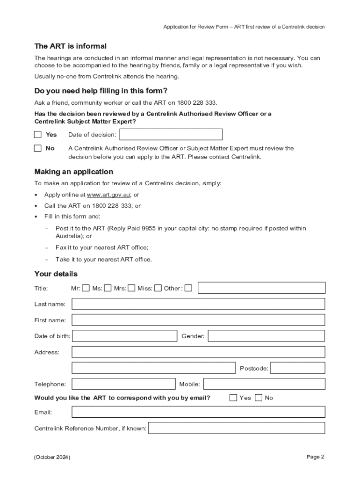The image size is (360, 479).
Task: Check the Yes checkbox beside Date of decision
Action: pyautogui.click(x=38, y=135)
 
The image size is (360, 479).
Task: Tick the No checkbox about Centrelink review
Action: pyautogui.click(x=38, y=148)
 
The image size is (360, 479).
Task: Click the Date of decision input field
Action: pyautogui.click(x=171, y=135)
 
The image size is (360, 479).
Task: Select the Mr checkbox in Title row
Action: pyautogui.click(x=86, y=288)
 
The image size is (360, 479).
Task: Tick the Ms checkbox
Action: pyautogui.click(x=108, y=288)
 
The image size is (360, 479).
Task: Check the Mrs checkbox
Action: pyautogui.click(x=131, y=288)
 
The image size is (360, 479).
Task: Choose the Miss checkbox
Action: pyautogui.click(x=158, y=288)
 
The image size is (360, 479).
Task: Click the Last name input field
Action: pyautogui.click(x=198, y=304)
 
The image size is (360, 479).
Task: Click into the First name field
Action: pyautogui.click(x=198, y=320)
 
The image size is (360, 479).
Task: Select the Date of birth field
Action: pyautogui.click(x=124, y=336)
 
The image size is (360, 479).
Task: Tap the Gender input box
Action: pyautogui.click(x=266, y=336)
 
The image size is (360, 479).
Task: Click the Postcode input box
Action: pyautogui.click(x=297, y=368)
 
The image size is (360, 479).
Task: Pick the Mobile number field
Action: pyautogui.click(x=264, y=384)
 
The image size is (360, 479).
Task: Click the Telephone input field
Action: pyautogui.click(x=123, y=384)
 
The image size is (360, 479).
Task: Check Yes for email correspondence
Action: pyautogui.click(x=233, y=398)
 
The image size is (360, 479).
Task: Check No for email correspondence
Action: pyautogui.click(x=259, y=398)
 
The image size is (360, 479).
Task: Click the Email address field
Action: pyautogui.click(x=198, y=412)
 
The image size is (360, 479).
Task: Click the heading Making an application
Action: pyautogui.click(x=74, y=172)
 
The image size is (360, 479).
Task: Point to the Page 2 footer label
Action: pyautogui.click(x=315, y=457)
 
